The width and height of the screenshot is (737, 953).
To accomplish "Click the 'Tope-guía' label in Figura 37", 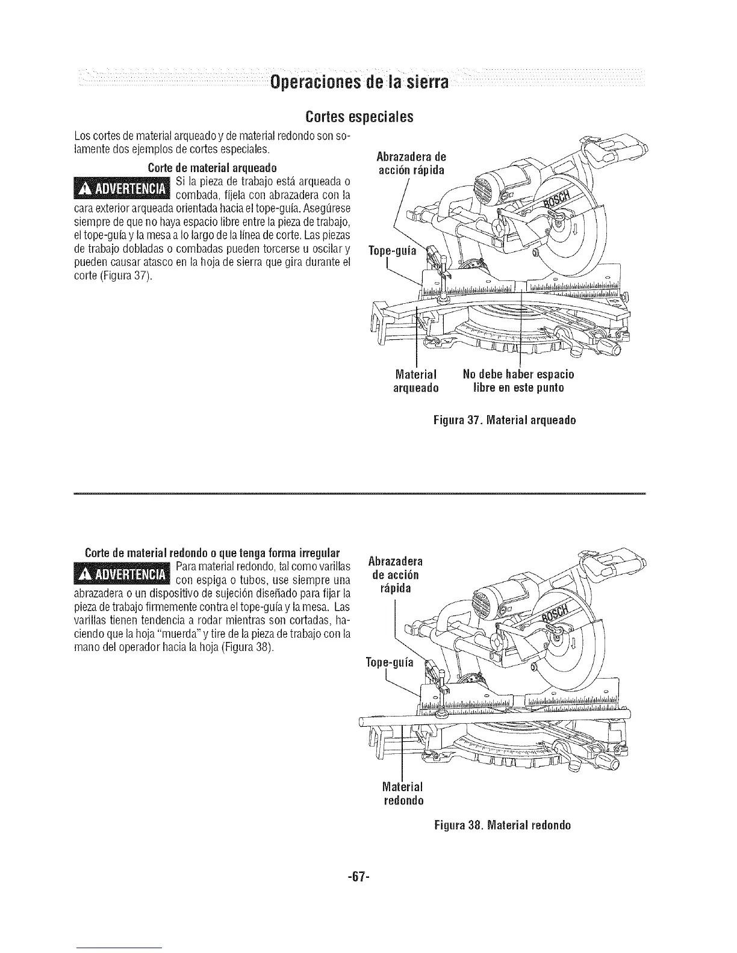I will point(392,251).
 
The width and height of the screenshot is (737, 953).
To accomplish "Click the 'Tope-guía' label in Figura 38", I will point(390,663).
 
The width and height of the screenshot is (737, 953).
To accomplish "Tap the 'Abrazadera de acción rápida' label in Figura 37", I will point(410,164).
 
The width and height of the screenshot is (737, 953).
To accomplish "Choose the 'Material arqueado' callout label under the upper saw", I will point(415,381).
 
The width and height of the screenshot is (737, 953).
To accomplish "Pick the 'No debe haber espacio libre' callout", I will point(518,381).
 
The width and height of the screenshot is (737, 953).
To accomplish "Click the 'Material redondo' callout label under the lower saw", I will point(403,794).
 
